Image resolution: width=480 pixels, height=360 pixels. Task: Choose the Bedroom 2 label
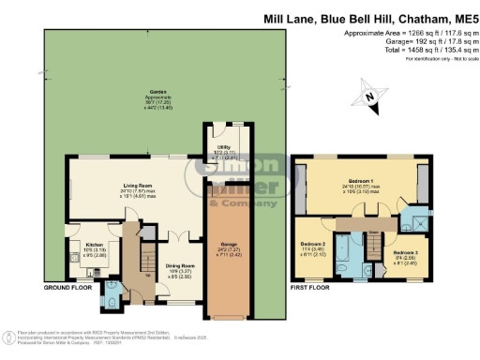[313, 242]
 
